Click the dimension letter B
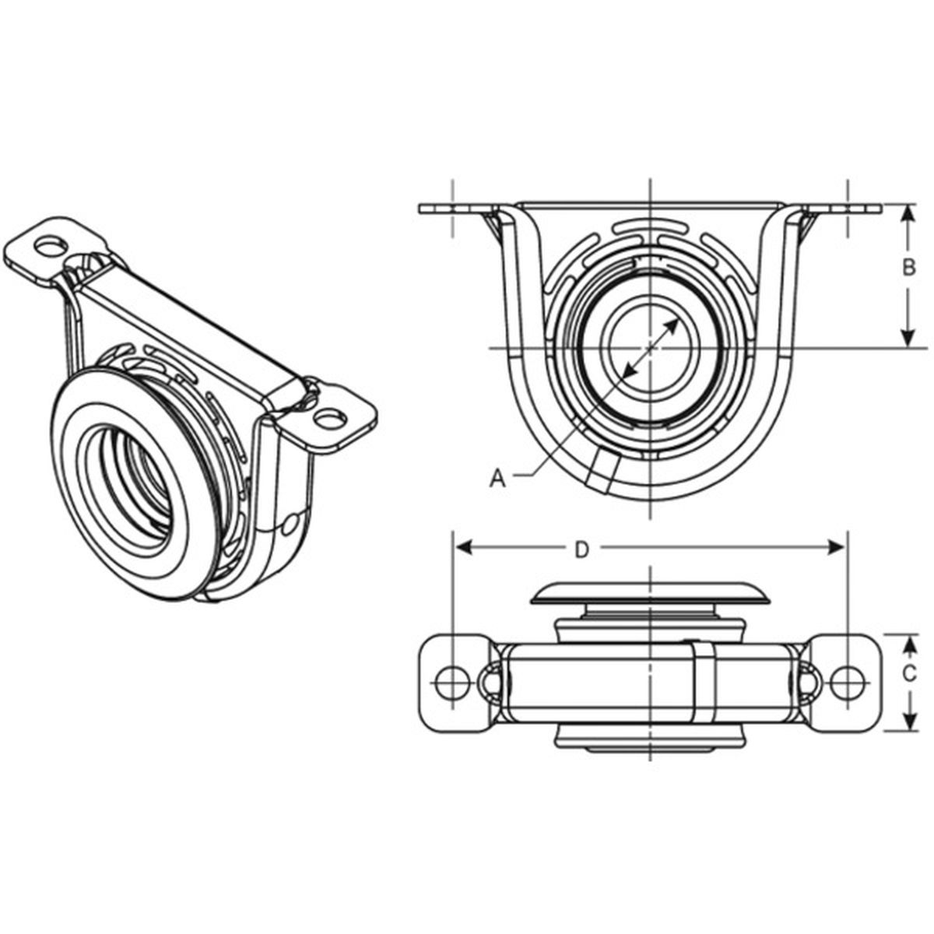click(x=908, y=269)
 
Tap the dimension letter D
click(x=581, y=550)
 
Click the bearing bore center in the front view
click(x=649, y=346)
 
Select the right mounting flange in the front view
click(x=844, y=209)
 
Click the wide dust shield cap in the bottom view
click(x=649, y=593)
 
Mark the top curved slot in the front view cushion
click(x=649, y=228)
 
